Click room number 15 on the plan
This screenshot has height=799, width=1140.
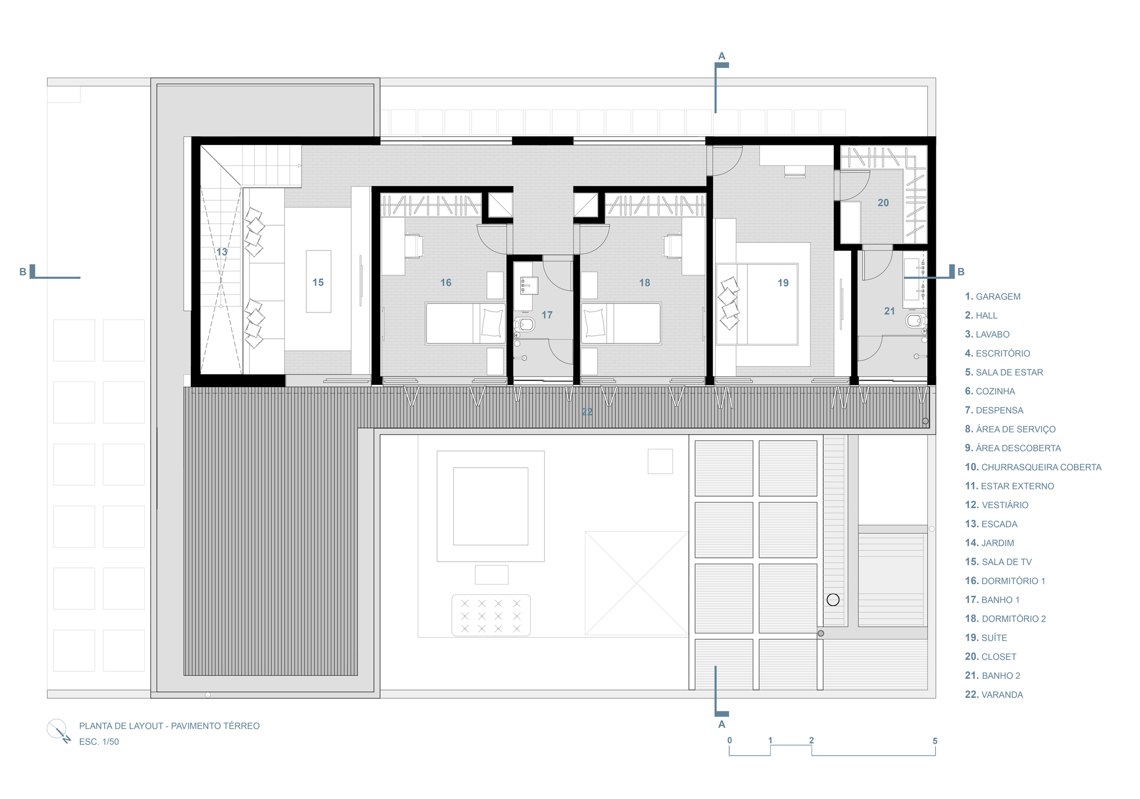pyautogui.click(x=318, y=282)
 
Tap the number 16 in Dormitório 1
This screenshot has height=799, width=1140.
pyautogui.click(x=446, y=282)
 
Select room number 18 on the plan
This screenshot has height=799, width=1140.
pyautogui.click(x=645, y=283)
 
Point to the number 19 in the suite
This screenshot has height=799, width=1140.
pyautogui.click(x=783, y=283)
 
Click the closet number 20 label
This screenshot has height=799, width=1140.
pyautogui.click(x=883, y=202)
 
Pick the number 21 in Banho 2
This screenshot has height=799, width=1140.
pyautogui.click(x=889, y=311)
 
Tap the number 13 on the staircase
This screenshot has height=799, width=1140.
pyautogui.click(x=222, y=252)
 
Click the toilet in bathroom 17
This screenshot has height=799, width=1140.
pyautogui.click(x=524, y=325)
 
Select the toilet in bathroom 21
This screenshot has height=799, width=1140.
pyautogui.click(x=915, y=321)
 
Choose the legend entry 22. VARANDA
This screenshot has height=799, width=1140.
pyautogui.click(x=994, y=695)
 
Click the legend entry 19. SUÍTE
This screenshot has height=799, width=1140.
pyautogui.click(x=986, y=638)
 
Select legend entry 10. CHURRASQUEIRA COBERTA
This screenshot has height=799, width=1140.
pyautogui.click(x=1033, y=467)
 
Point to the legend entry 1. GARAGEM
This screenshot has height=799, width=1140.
pyautogui.click(x=992, y=297)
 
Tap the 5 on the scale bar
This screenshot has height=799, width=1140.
pyautogui.click(x=935, y=741)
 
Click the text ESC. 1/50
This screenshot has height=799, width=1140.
pyautogui.click(x=99, y=742)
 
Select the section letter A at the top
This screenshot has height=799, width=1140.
pyautogui.click(x=722, y=56)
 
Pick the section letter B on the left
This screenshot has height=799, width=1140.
pyautogui.click(x=23, y=271)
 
